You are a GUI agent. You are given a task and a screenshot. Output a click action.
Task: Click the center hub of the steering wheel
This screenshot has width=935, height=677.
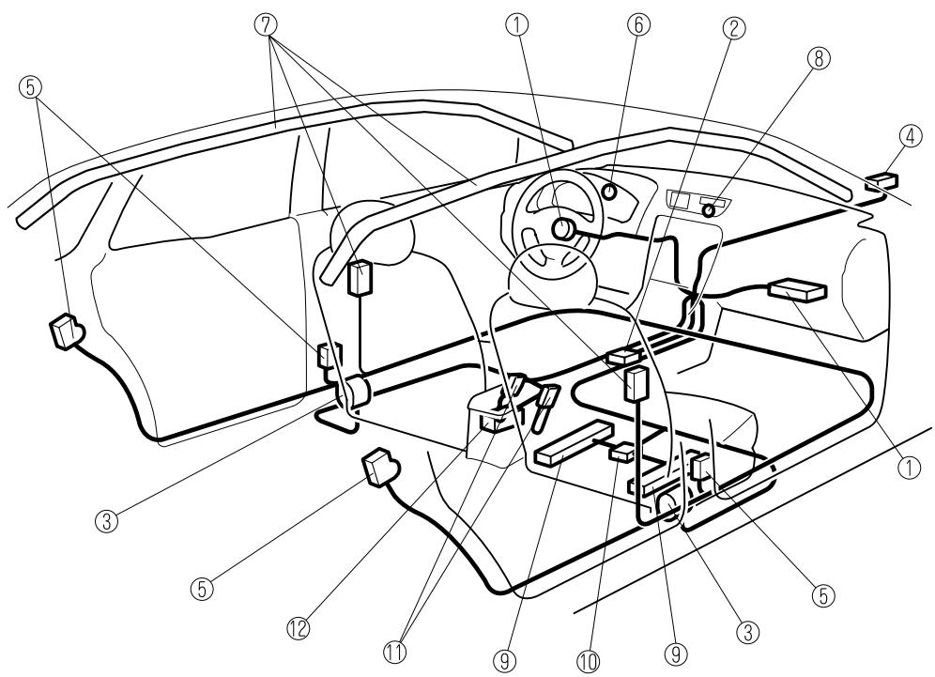565,228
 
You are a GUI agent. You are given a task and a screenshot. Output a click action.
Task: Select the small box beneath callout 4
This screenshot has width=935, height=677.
881,182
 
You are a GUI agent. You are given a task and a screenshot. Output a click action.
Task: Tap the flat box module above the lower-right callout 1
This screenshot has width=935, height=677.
797,292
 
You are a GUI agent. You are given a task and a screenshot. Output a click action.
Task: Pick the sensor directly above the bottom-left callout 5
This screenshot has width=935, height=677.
381,467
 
